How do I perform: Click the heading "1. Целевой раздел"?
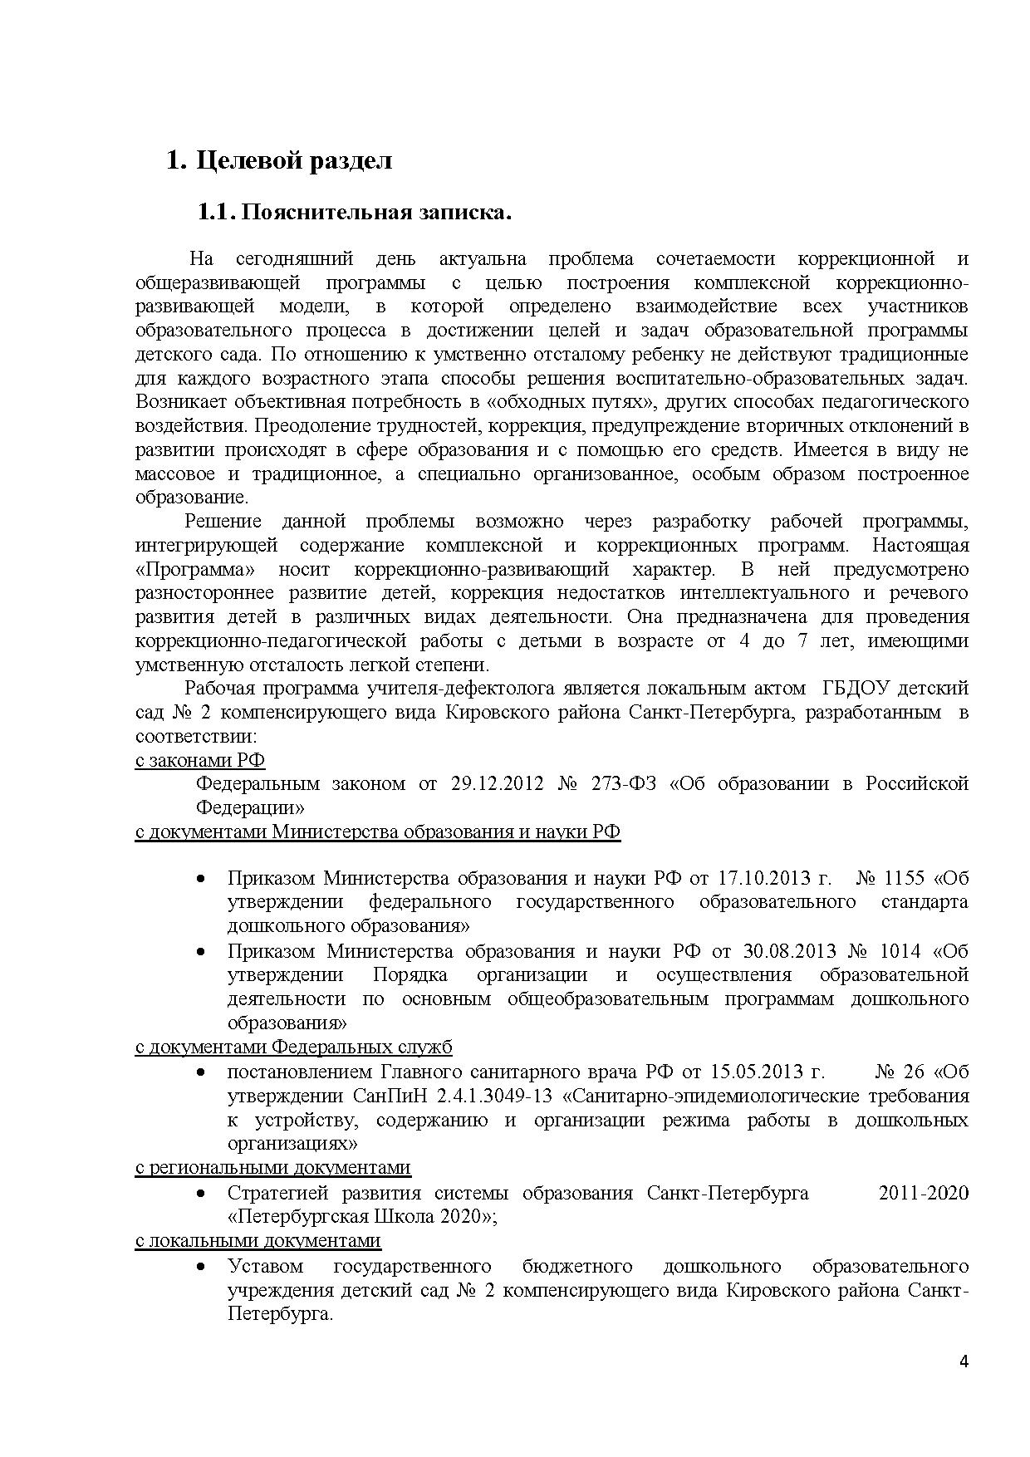click(279, 160)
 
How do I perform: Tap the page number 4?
click(964, 1361)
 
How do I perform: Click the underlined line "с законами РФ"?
click(200, 759)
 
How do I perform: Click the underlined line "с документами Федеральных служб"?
click(293, 1047)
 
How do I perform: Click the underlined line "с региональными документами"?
click(272, 1167)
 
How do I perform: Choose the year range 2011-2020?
click(923, 1193)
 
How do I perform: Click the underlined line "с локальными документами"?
click(257, 1240)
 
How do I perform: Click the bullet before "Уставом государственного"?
click(201, 1266)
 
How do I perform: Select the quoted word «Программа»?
click(194, 570)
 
